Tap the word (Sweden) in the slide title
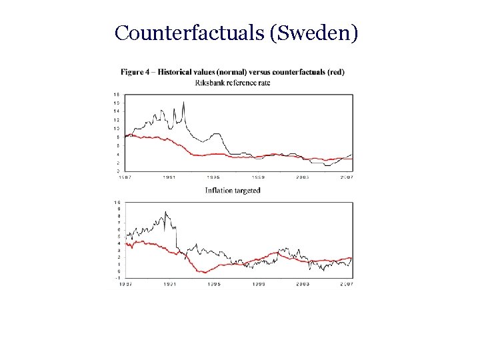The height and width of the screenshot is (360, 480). (315, 33)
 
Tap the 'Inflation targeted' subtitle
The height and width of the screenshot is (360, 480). (233, 191)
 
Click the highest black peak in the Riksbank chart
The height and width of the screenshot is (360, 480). (183, 102)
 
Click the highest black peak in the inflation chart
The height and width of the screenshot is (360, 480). (165, 212)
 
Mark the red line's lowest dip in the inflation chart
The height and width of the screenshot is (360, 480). (206, 272)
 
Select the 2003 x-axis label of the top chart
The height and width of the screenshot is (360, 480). (303, 177)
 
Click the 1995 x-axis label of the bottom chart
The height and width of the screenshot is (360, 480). (213, 284)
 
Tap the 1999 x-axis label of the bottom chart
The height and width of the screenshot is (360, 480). (258, 284)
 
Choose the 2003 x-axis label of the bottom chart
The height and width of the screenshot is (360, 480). (303, 284)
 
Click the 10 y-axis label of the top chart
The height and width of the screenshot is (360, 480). (117, 129)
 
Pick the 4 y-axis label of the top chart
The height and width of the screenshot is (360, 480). (118, 154)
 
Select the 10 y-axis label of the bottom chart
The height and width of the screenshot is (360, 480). (117, 202)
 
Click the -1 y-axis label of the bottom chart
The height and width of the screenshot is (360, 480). (117, 278)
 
